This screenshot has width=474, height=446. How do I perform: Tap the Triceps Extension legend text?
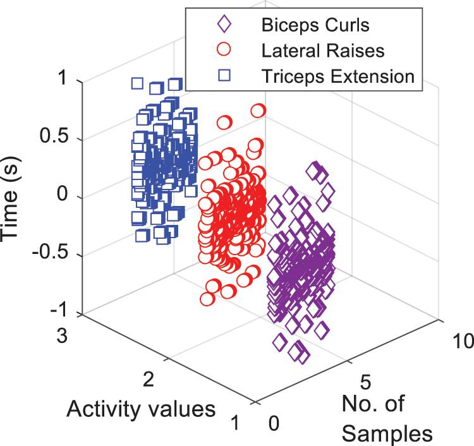[337, 76]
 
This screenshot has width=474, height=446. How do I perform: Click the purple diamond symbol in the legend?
[224, 26]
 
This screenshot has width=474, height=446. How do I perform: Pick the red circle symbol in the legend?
[224, 51]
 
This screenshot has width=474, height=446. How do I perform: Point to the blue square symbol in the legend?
[224, 76]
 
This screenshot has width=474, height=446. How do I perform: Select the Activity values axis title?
[141, 409]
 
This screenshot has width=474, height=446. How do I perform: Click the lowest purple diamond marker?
[303, 357]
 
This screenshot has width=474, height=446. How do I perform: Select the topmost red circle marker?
[258, 111]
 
